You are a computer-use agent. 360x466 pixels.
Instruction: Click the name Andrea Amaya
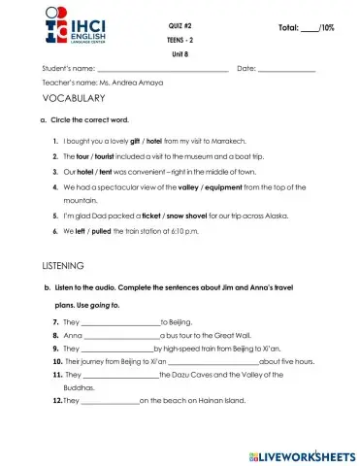(143, 83)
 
